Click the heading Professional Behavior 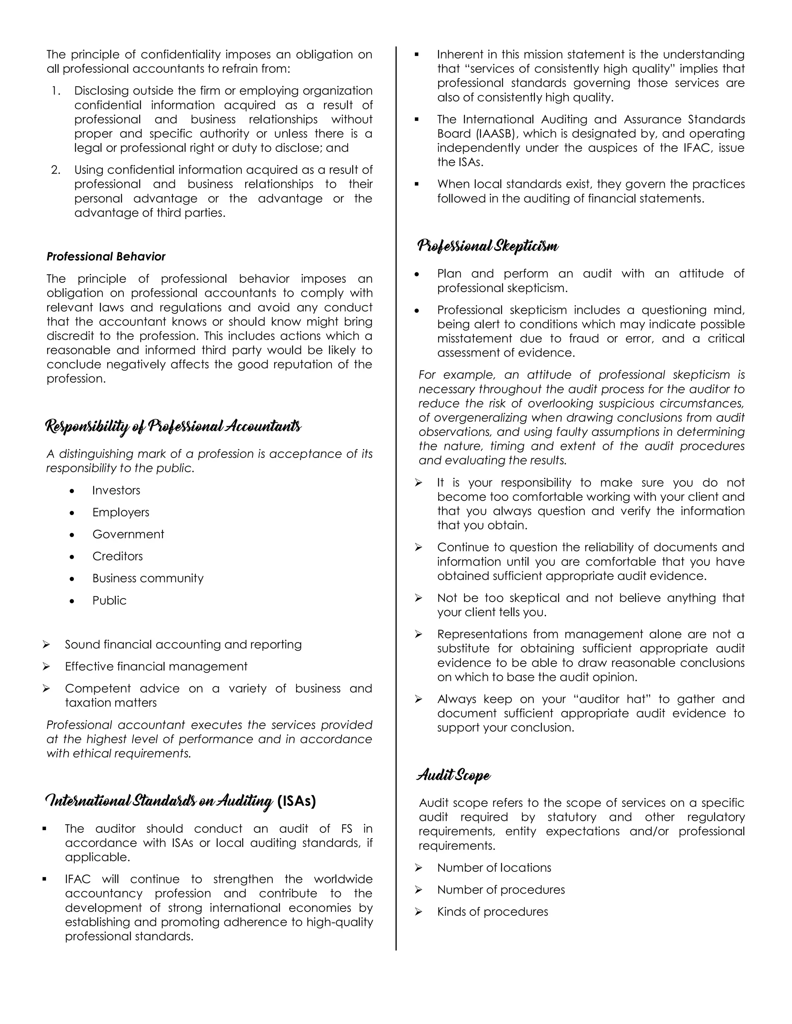coord(106,257)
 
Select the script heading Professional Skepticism coord(488,246)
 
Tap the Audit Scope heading coord(454,775)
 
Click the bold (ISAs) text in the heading coord(297,800)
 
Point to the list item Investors coord(116,490)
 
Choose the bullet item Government coord(128,534)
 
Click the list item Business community coord(148,578)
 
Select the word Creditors coord(117,556)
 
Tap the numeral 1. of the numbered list coord(56,90)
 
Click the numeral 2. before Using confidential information coord(56,170)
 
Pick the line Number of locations coord(494,868)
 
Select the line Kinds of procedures coord(492,912)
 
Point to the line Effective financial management coord(156,666)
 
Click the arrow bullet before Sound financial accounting coord(46,645)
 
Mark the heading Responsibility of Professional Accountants coord(173,426)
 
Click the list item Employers coord(121,512)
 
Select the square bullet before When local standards coord(416,184)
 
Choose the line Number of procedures coord(501,890)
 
